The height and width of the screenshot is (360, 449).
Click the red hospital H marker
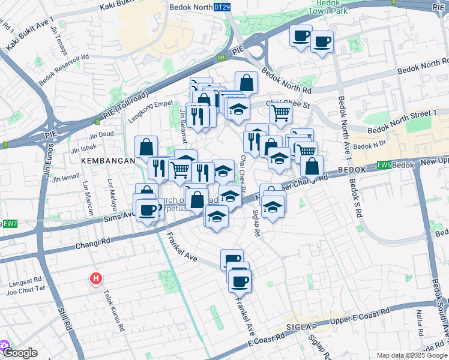pyautogui.click(x=95, y=278)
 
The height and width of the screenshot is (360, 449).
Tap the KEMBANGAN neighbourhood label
pyautogui.click(x=103, y=161)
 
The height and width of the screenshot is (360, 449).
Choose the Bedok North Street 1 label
pyautogui.click(x=402, y=122)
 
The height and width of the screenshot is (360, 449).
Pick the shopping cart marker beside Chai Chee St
pyautogui.click(x=280, y=112)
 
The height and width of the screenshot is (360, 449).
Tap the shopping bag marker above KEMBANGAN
pyautogui.click(x=146, y=146)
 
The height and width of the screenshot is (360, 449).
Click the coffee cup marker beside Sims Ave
pyautogui.click(x=148, y=210)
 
